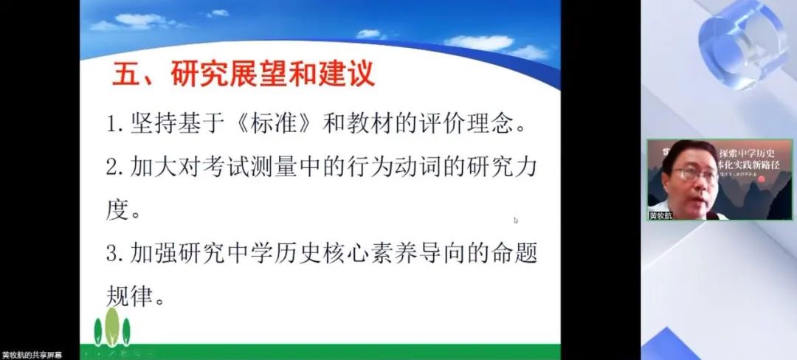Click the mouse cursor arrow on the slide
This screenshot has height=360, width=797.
coord(516,219)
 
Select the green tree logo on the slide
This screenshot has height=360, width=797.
coord(112,328)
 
